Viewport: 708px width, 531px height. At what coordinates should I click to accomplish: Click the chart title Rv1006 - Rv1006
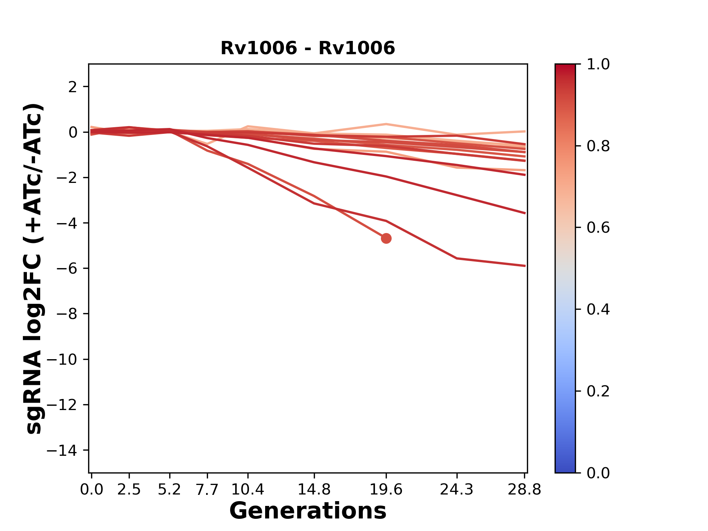point(308,48)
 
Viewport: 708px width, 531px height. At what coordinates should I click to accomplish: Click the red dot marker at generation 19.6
point(386,239)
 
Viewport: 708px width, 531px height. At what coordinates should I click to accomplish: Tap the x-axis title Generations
point(308,511)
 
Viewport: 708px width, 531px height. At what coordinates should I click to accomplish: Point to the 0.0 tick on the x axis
point(91,490)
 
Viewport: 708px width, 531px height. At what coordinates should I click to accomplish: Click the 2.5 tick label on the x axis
point(129,490)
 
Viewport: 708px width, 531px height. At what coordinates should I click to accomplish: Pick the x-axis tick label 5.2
point(170,490)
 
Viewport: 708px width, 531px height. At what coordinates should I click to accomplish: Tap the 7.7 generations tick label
point(207,490)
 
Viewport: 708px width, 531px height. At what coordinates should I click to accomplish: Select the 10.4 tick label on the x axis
point(248,490)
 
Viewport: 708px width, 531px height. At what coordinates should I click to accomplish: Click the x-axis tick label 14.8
point(314,490)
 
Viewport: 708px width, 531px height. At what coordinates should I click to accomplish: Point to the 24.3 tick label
point(457,490)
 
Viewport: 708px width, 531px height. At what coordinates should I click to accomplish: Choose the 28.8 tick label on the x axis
point(524,490)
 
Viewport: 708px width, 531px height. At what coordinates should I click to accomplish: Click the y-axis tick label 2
point(73,87)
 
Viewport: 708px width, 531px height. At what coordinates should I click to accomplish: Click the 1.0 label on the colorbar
point(598,65)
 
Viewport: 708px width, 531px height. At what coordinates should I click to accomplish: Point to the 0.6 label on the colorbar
point(598,228)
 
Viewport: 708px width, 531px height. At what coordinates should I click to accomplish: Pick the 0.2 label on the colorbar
point(598,391)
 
